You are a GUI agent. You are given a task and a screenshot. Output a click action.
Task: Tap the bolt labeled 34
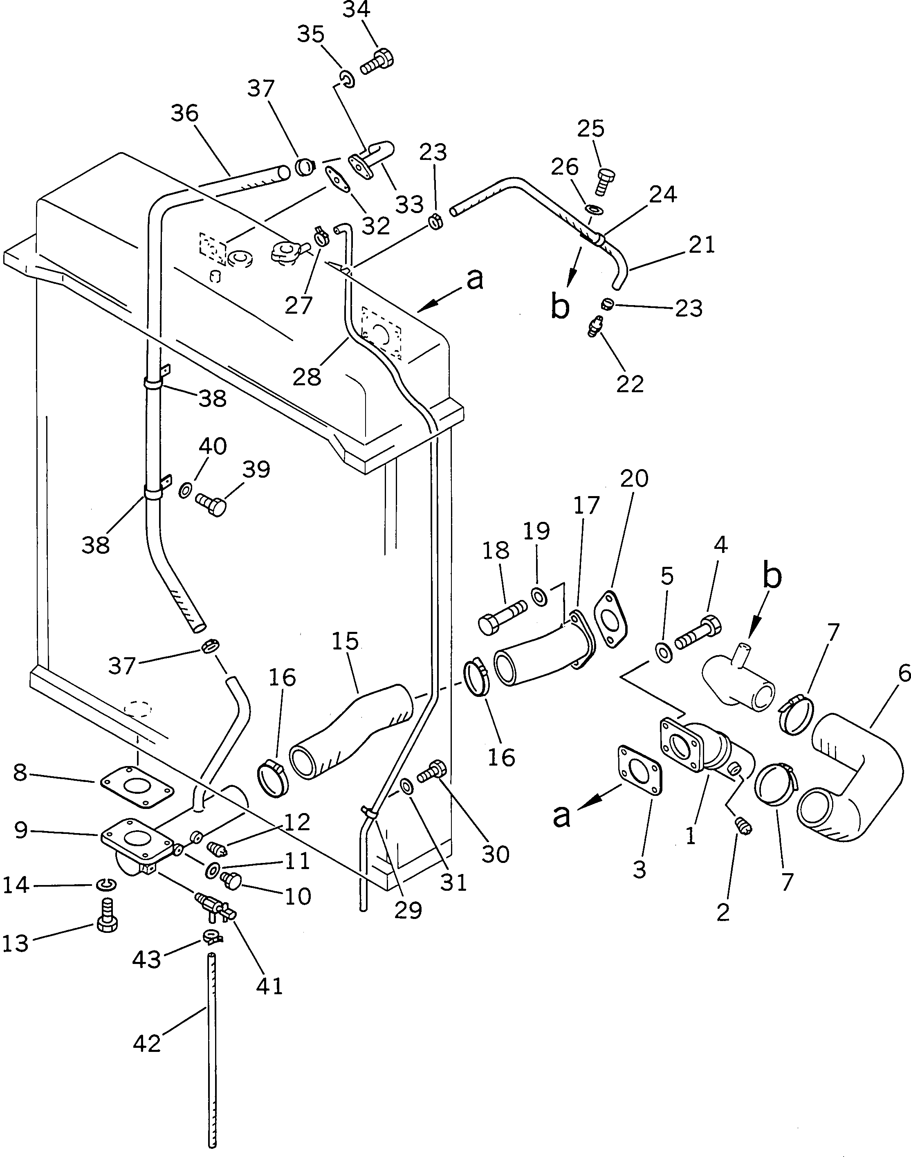tap(378, 61)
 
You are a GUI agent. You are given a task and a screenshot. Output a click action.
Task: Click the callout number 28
tap(307, 377)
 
